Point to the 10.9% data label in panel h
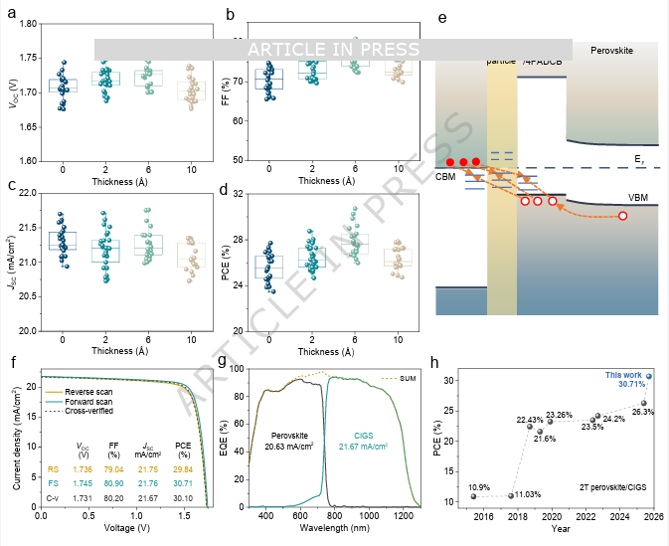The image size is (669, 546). tap(480, 486)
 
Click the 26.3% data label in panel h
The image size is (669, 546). tap(642, 411)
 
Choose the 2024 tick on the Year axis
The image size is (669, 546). tap(618, 517)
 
